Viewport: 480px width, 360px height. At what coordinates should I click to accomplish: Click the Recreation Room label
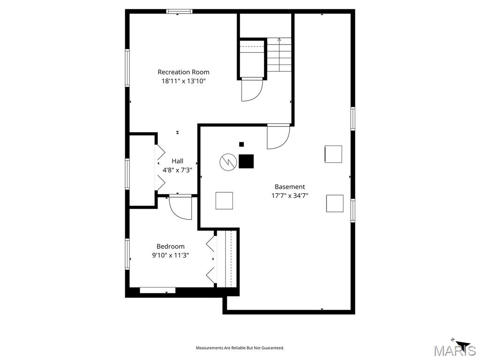click(183, 72)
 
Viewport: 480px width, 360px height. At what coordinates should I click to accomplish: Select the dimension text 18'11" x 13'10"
click(183, 82)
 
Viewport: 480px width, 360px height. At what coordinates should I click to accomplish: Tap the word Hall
click(178, 161)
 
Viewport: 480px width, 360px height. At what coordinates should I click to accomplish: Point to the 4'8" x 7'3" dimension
click(178, 170)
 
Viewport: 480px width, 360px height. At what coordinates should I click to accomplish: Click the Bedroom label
click(171, 247)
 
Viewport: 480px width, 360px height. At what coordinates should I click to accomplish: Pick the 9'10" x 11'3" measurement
click(171, 255)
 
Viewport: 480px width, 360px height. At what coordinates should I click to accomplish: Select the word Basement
click(290, 187)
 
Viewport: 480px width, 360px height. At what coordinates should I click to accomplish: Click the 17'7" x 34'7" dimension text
click(290, 196)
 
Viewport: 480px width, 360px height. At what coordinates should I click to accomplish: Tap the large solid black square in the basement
click(246, 161)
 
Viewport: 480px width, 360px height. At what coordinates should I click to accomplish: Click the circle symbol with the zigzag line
click(228, 162)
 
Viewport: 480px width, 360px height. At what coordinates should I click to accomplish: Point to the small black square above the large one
click(241, 144)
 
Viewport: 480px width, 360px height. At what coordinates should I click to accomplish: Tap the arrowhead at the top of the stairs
click(279, 39)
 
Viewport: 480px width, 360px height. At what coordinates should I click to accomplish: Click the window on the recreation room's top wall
click(180, 11)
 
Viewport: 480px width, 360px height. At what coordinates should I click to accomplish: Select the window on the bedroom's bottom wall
click(157, 290)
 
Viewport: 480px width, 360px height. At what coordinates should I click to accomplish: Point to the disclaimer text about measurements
click(240, 348)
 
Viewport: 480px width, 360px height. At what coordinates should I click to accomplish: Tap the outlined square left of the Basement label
click(224, 201)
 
